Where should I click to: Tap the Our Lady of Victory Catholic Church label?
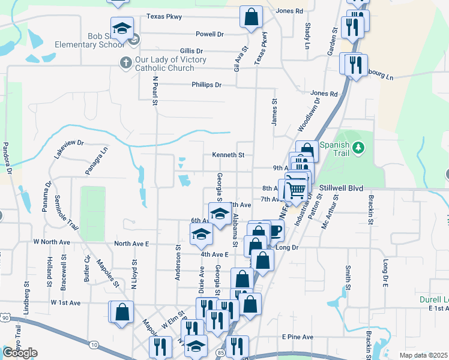pyautogui.click(x=163, y=64)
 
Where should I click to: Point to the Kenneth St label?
pyautogui.click(x=228, y=155)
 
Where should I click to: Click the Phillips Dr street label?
pyautogui.click(x=206, y=85)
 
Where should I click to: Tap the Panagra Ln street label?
pyautogui.click(x=95, y=161)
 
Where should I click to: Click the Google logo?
pyautogui.click(x=20, y=353)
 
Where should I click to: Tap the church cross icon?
pyautogui.click(x=126, y=62)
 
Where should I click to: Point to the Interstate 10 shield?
pyautogui.click(x=94, y=344)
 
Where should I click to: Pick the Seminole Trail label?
pyautogui.click(x=66, y=213)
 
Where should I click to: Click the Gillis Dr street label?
pyautogui.click(x=191, y=52)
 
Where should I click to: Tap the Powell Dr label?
pyautogui.click(x=209, y=34)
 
